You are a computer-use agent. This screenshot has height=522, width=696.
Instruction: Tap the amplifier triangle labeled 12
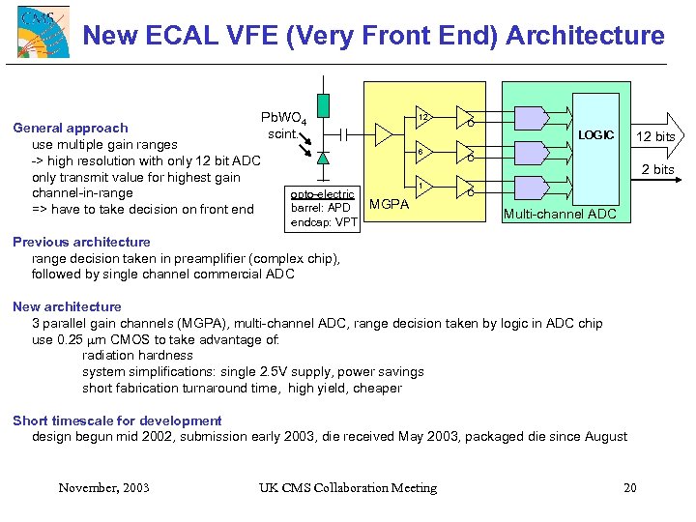pos(421,118)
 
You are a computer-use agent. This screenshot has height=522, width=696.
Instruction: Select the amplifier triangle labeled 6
pos(420,152)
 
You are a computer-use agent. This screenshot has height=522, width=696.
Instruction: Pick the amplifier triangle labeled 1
pos(420,186)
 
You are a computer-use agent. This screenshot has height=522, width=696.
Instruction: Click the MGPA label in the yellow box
pos(391,205)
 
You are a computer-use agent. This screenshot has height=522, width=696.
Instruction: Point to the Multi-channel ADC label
pos(561,213)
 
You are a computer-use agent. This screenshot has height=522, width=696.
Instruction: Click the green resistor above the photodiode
pos(323,105)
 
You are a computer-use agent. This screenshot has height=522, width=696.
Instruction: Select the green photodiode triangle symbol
pos(323,157)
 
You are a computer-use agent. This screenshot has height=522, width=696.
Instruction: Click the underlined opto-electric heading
pos(323,194)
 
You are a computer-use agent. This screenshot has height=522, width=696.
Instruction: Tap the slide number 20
pos(630,487)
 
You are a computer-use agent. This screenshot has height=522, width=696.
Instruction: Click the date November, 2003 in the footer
pos(103,487)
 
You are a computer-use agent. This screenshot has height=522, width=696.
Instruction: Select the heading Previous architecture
pos(81,242)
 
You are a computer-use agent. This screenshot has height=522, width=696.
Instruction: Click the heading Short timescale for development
pos(117,420)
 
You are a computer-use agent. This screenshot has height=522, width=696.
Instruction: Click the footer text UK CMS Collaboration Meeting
pos(348,487)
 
